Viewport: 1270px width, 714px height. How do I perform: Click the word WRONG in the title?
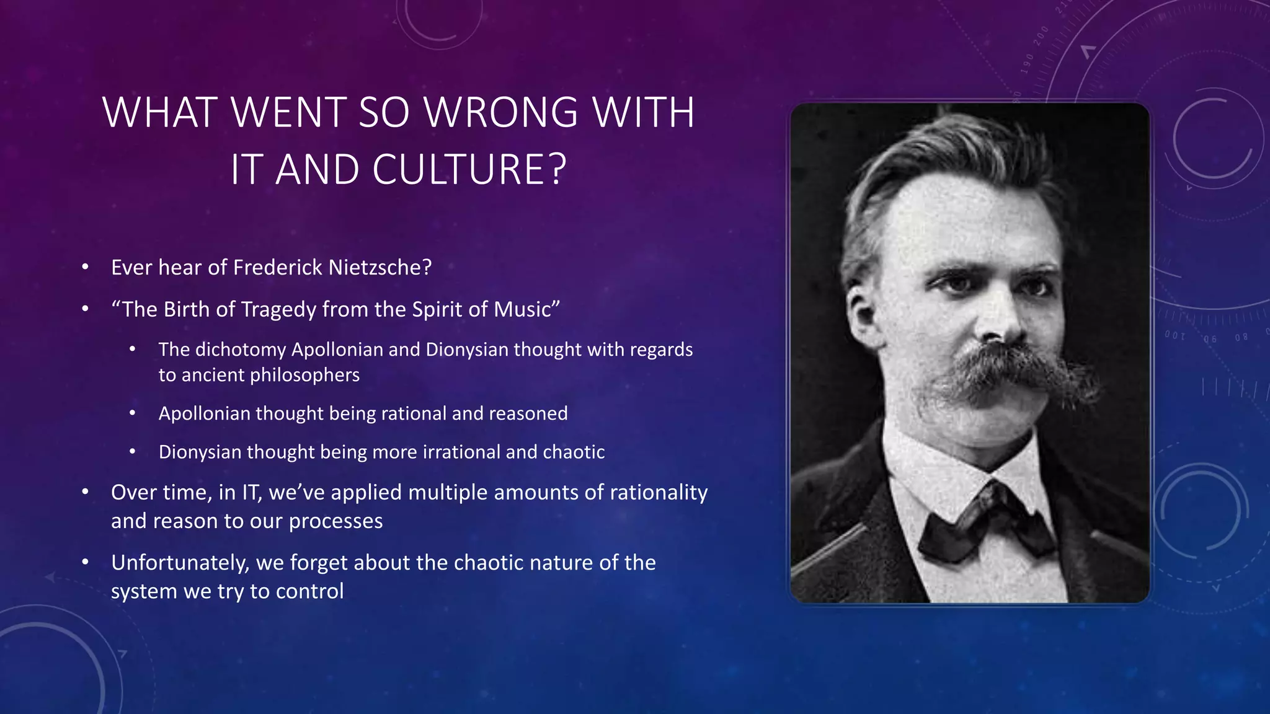click(500, 113)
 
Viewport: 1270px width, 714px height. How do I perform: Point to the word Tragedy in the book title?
click(273, 309)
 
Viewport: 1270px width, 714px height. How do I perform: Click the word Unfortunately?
click(180, 563)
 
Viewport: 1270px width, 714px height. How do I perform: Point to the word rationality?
click(659, 492)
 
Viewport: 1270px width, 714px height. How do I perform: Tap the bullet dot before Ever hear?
click(86, 267)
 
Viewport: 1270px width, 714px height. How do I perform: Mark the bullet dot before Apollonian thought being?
click(133, 413)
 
